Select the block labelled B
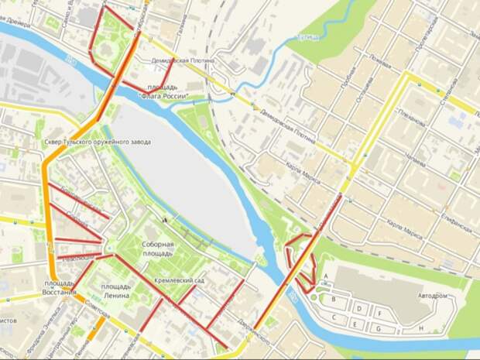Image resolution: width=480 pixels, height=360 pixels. pyautogui.click(x=334, y=298)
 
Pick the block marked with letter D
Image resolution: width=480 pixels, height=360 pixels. pyautogui.click(x=361, y=307)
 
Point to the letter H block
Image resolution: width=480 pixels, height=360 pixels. pyautogui.click(x=421, y=328)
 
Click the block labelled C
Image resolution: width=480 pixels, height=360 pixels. pyautogui.click(x=334, y=317)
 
